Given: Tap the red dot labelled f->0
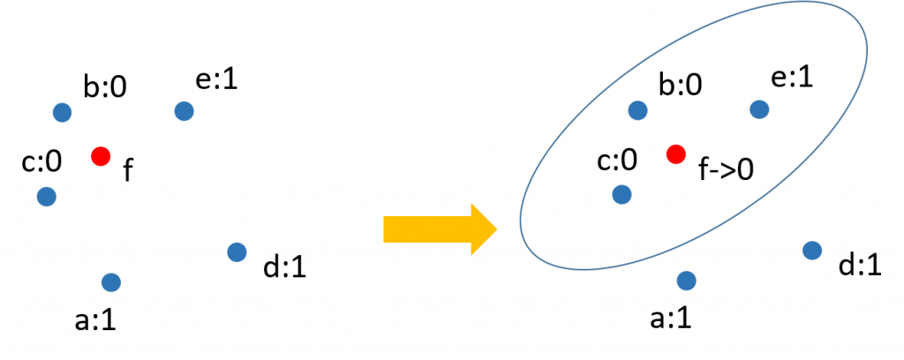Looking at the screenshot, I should pos(675,154).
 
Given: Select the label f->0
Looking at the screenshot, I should pos(727,169).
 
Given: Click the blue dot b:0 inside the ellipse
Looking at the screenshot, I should pos(637,110).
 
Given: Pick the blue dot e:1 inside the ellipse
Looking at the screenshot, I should pos(759,109).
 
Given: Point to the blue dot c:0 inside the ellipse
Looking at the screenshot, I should pos(621,193).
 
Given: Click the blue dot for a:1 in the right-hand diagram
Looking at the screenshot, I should pos(686,281).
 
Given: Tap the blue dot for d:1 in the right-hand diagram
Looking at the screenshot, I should pos(812,251).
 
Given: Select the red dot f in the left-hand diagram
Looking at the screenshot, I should pos(101,156).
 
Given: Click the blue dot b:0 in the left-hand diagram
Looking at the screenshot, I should pos(61,112).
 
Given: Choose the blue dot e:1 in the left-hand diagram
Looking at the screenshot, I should pos(184,111).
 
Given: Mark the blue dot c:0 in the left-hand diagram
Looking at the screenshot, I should pos(47,196).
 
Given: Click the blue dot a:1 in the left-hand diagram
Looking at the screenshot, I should pos(110,282).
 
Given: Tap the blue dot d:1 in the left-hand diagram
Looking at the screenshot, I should pos(236,251).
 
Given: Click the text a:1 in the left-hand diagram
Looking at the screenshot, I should pos(95,319).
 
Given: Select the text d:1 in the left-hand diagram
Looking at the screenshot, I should pos(284,266).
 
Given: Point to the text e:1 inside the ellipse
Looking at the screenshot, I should pos(792,77).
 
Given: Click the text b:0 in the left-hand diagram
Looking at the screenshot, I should pos(105,88).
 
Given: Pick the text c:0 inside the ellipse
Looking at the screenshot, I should pos(617,161).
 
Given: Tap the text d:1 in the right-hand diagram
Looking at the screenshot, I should pos(861,265).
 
